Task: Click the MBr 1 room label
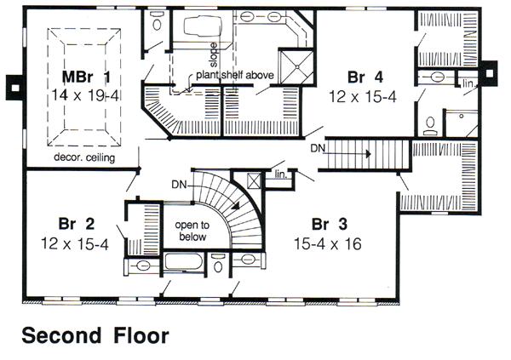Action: (86, 77)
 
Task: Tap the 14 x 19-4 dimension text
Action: (84, 96)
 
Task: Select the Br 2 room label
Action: (77, 224)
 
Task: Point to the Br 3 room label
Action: (330, 224)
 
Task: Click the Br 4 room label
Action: (365, 77)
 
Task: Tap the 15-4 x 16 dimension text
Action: (328, 243)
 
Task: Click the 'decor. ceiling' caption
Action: (84, 157)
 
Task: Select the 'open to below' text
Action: (192, 231)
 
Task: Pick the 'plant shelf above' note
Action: (235, 75)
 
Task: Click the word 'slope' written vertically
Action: (213, 54)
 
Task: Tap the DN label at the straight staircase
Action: (318, 149)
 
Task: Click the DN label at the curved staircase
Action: (179, 185)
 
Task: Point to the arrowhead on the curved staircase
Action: (236, 205)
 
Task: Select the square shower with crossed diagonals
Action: (297, 66)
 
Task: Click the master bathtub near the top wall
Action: (203, 26)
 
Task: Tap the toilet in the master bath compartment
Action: (157, 21)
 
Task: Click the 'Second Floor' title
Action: (95, 335)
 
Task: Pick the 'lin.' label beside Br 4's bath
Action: (468, 83)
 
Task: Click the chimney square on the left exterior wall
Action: (14, 88)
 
